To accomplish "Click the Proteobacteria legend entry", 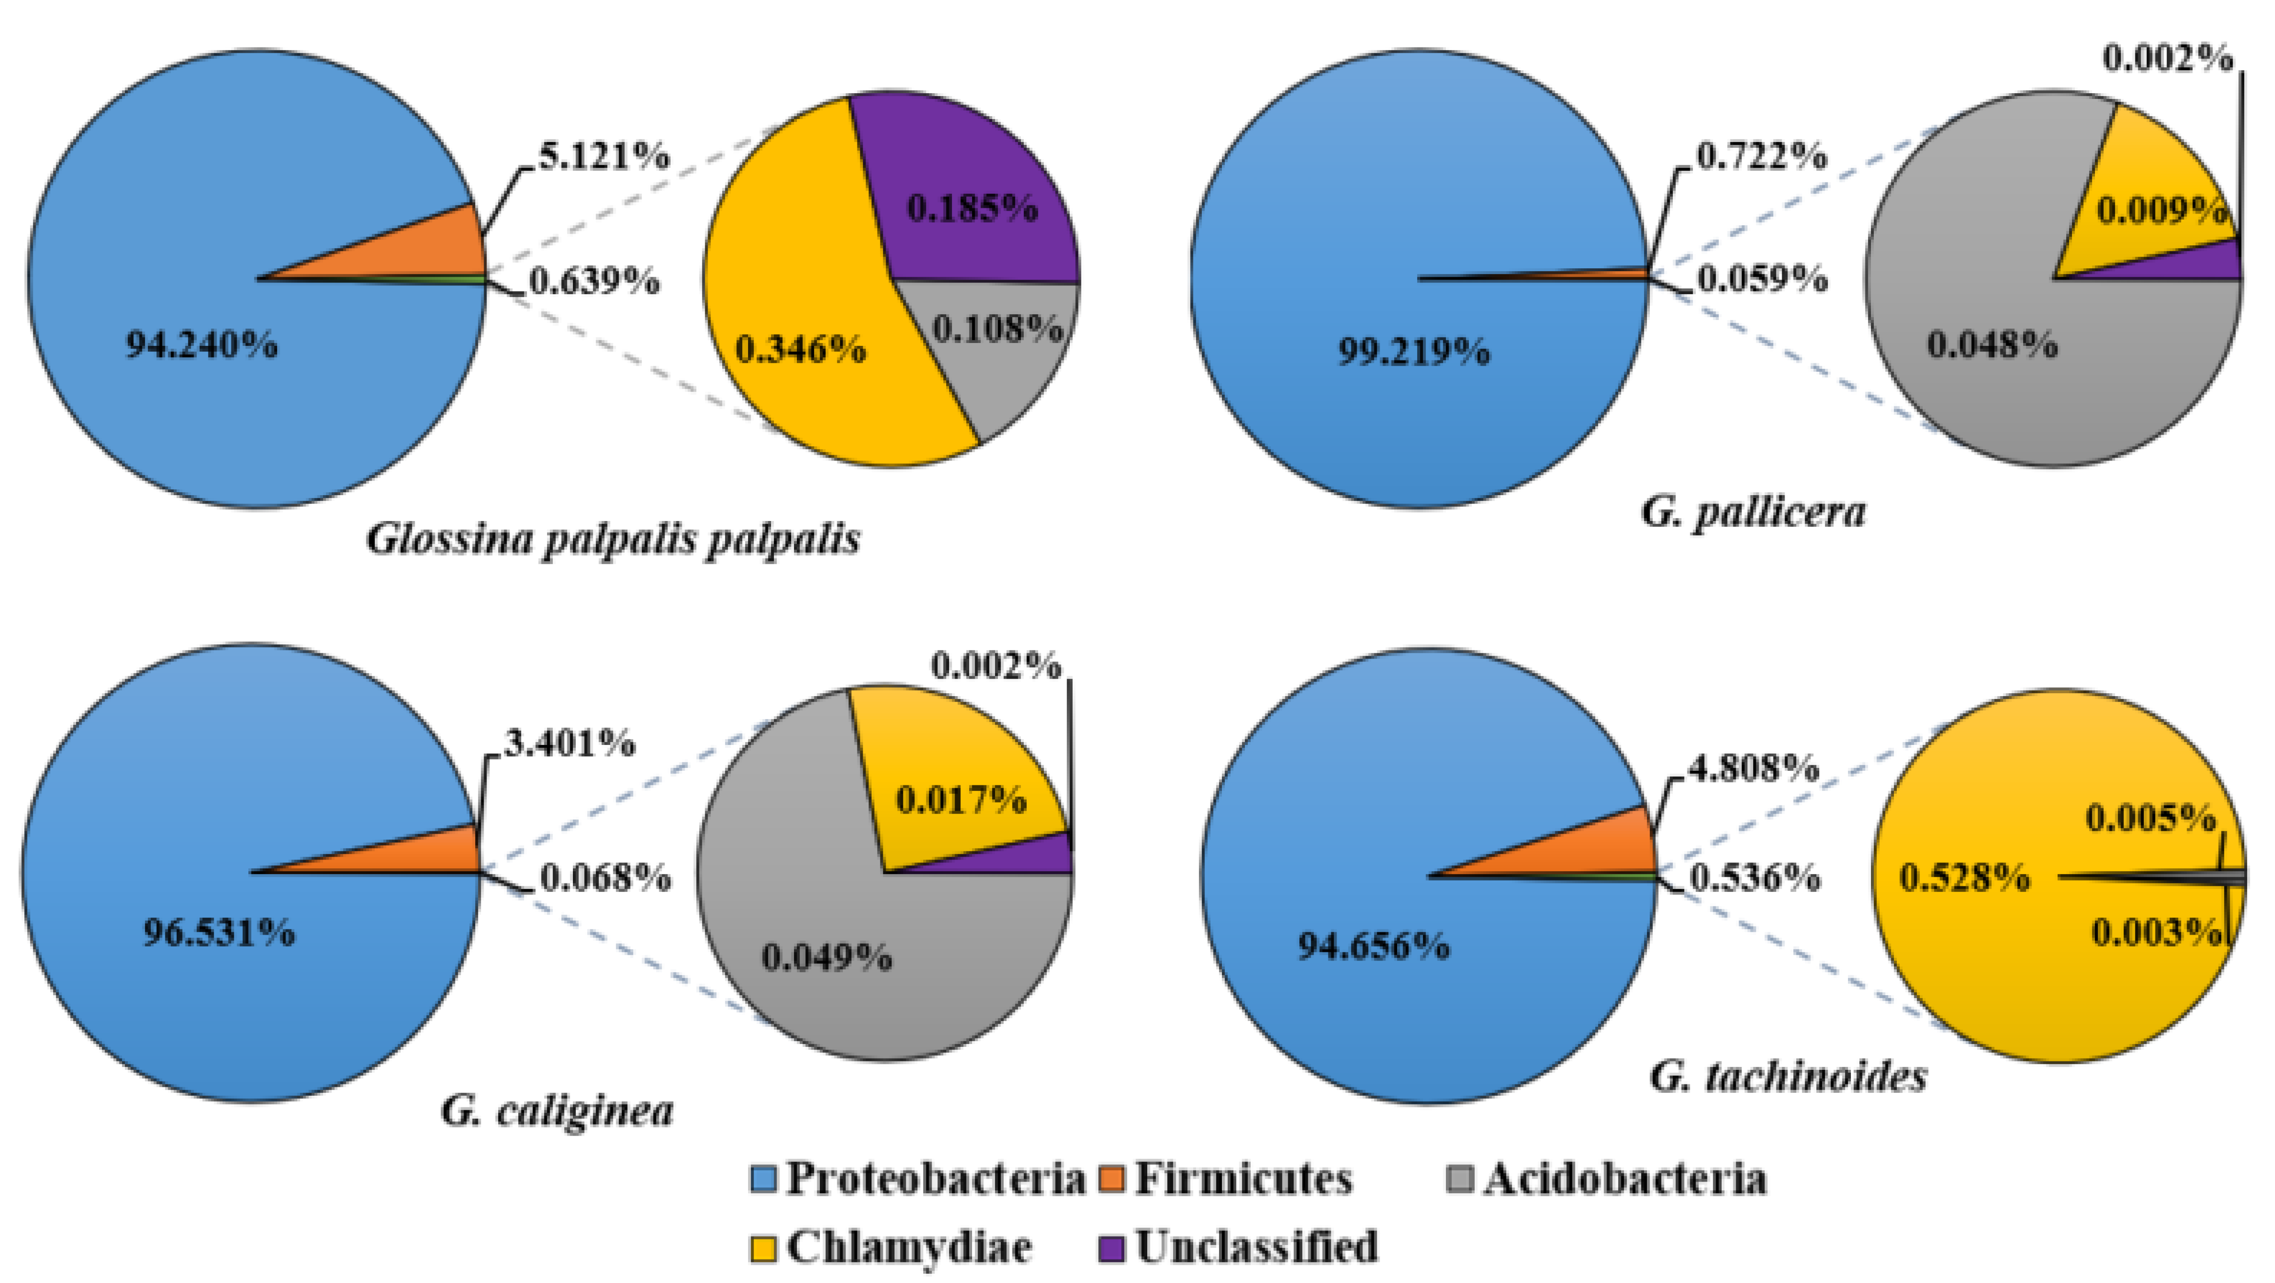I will [918, 1179].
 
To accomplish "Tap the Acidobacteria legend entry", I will [1607, 1179].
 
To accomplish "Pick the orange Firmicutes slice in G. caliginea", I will [424, 852].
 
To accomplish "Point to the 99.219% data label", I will [1413, 351].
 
